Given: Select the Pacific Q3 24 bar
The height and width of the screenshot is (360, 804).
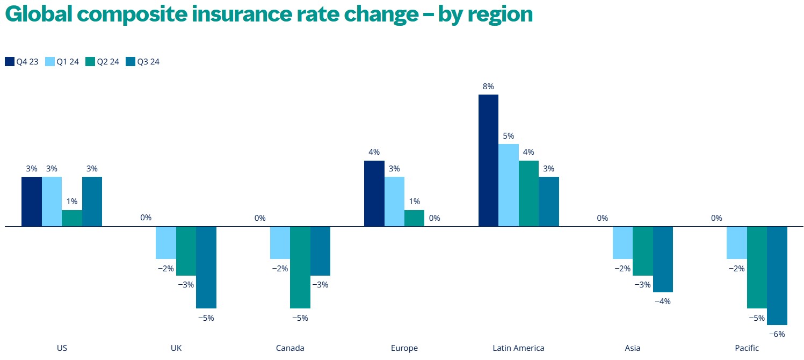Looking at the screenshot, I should coord(777,275).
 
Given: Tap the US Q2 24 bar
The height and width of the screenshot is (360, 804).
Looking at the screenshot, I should coord(72,218).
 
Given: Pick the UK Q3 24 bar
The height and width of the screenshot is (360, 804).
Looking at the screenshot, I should coord(206,267).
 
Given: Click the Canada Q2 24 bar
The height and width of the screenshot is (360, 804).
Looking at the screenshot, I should coord(300,267).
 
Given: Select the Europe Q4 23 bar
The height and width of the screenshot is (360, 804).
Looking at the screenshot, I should coord(374,193).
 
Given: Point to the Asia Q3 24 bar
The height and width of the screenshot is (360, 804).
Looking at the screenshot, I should coord(663,259).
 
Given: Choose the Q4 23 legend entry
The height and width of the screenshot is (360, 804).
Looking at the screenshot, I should coord(21,62).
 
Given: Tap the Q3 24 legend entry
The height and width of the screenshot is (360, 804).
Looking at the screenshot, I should coord(142,62).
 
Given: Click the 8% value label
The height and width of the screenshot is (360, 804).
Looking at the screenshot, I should coord(488,86).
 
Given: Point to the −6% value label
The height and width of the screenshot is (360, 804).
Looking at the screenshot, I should coord(777,334).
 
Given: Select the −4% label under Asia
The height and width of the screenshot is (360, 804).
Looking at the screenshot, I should coord(663,301).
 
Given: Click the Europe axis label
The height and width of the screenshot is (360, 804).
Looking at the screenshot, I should coord(404,348).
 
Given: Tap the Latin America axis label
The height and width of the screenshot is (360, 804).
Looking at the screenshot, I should coord(518,348).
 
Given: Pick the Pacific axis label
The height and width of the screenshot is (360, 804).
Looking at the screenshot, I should coord(747,348).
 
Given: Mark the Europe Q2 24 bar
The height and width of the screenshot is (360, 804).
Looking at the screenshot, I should coord(414,218).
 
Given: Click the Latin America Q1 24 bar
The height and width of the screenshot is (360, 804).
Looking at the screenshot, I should coord(509,185).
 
